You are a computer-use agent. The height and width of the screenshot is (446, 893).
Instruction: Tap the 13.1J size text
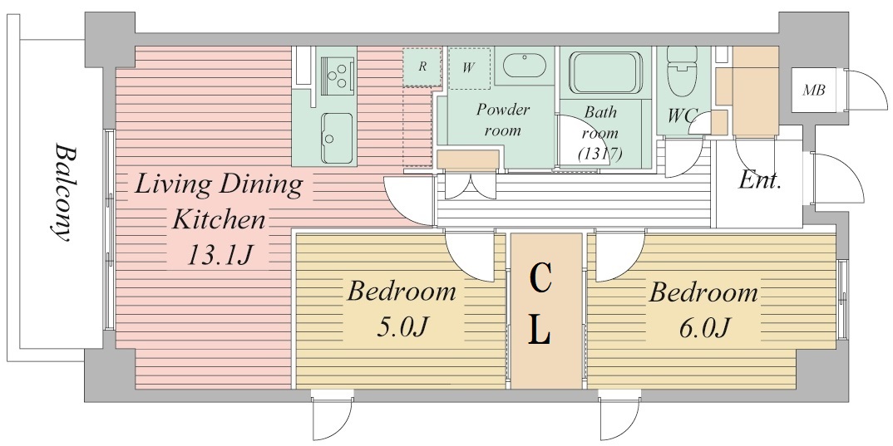point(219,255)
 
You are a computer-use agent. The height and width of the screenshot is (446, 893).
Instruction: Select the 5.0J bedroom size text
point(402,327)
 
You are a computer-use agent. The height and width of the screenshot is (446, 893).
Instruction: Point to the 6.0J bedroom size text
point(704,328)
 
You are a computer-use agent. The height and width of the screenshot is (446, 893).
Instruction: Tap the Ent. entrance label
point(758,181)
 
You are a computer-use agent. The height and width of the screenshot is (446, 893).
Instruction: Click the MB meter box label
point(814,90)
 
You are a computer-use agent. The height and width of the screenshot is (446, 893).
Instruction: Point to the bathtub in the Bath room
point(606,72)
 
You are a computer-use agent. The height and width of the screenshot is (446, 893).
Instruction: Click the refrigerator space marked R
point(422,67)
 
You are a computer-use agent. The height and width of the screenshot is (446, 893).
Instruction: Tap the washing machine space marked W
point(469,68)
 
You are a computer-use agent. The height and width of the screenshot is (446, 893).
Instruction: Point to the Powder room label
point(503,120)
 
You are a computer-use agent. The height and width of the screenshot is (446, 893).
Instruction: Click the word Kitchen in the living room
point(219,219)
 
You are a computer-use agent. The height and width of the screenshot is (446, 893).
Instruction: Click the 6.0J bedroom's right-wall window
point(842,300)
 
